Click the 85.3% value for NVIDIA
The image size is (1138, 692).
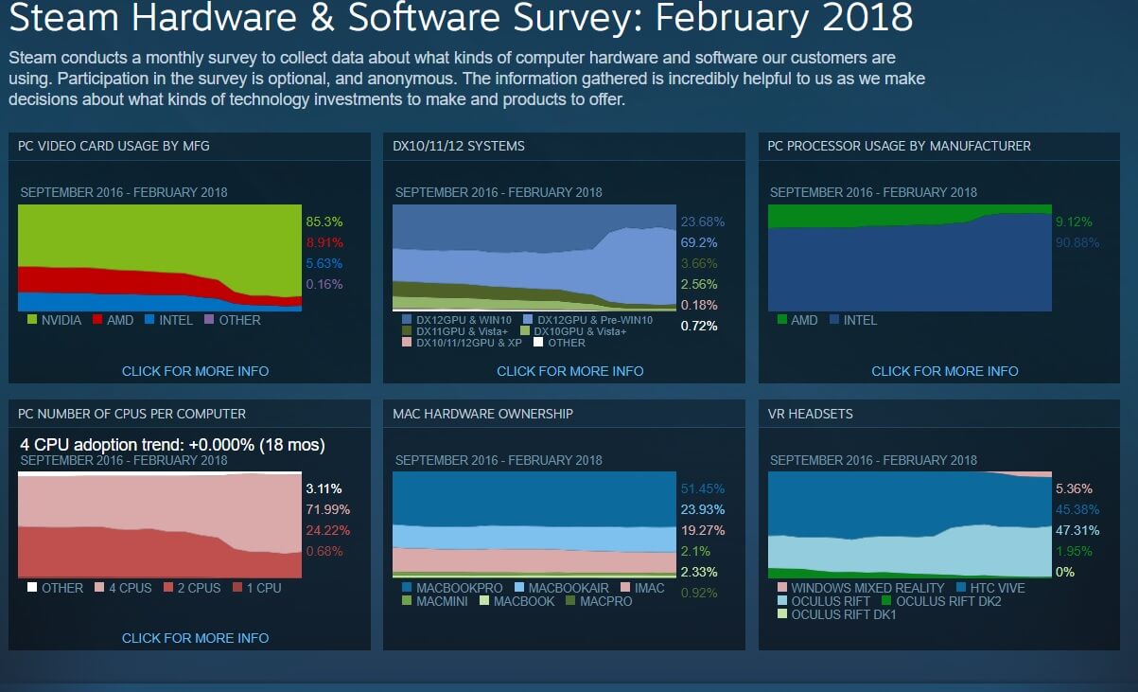[324, 222]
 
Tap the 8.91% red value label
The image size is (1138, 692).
[324, 243]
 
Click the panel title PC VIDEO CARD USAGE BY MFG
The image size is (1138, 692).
[114, 146]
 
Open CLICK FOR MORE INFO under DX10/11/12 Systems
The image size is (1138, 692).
[569, 371]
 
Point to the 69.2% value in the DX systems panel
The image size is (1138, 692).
[698, 242]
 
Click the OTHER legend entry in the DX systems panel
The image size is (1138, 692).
[566, 343]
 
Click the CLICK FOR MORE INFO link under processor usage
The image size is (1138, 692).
[944, 371]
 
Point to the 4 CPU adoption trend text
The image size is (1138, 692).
[172, 444]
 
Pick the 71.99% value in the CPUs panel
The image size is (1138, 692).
[324, 510]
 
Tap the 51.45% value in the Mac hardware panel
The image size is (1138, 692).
[702, 489]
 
